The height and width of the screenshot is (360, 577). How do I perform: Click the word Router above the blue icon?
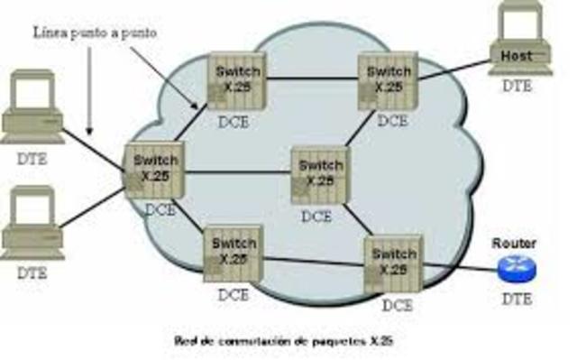coord(515,244)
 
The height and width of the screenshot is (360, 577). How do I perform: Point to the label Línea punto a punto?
coord(95,33)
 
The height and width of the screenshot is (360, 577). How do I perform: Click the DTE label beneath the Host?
coord(517,86)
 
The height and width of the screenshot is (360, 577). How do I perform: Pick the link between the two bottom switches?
coord(312,261)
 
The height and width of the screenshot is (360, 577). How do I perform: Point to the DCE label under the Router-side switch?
coord(394,305)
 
